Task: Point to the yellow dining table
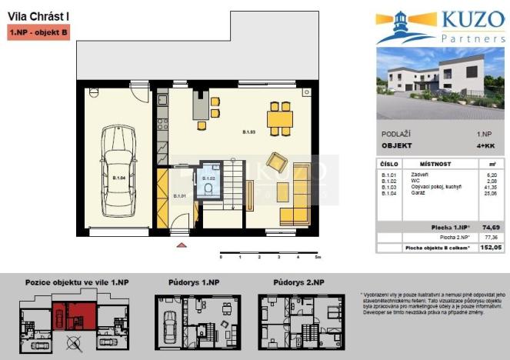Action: [279, 118]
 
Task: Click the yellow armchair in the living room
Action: [275, 163]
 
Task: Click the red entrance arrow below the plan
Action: [182, 245]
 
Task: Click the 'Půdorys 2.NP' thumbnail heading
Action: [292, 282]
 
